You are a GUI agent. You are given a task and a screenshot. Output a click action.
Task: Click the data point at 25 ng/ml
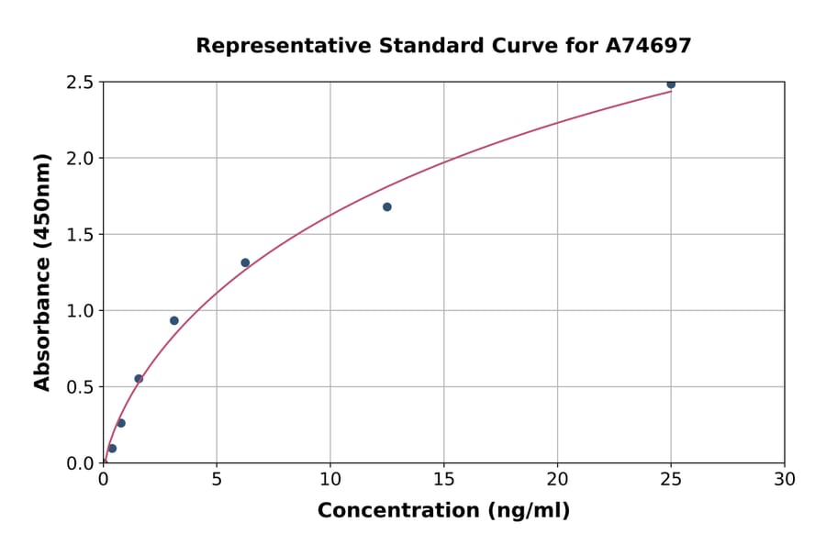click(671, 84)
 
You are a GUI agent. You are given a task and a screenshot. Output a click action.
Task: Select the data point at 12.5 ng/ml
click(387, 207)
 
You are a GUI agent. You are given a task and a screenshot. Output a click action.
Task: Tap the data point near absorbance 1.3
click(245, 262)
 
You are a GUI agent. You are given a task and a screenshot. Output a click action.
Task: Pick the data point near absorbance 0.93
click(174, 320)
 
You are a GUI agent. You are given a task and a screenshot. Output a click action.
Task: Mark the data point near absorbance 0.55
click(139, 379)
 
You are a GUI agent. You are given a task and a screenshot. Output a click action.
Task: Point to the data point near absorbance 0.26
click(121, 423)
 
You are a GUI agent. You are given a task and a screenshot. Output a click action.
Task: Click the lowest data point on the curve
click(112, 449)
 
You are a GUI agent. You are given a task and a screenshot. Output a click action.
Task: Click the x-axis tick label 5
click(217, 479)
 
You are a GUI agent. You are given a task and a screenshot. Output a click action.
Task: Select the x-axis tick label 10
click(330, 479)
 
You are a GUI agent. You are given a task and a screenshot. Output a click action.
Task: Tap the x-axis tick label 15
click(444, 479)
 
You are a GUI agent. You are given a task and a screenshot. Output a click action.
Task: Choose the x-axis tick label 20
click(557, 479)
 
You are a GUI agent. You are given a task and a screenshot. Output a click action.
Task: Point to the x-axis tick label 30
click(785, 479)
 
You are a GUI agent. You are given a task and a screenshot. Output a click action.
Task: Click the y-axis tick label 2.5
click(81, 83)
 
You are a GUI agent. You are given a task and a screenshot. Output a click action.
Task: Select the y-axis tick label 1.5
click(81, 235)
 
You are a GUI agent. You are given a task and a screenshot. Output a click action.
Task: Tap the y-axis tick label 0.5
click(81, 387)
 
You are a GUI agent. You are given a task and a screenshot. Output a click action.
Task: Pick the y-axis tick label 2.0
click(81, 159)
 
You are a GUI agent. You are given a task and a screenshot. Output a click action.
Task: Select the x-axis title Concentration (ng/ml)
click(443, 511)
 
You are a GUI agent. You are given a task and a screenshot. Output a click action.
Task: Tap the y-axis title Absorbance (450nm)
click(42, 272)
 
